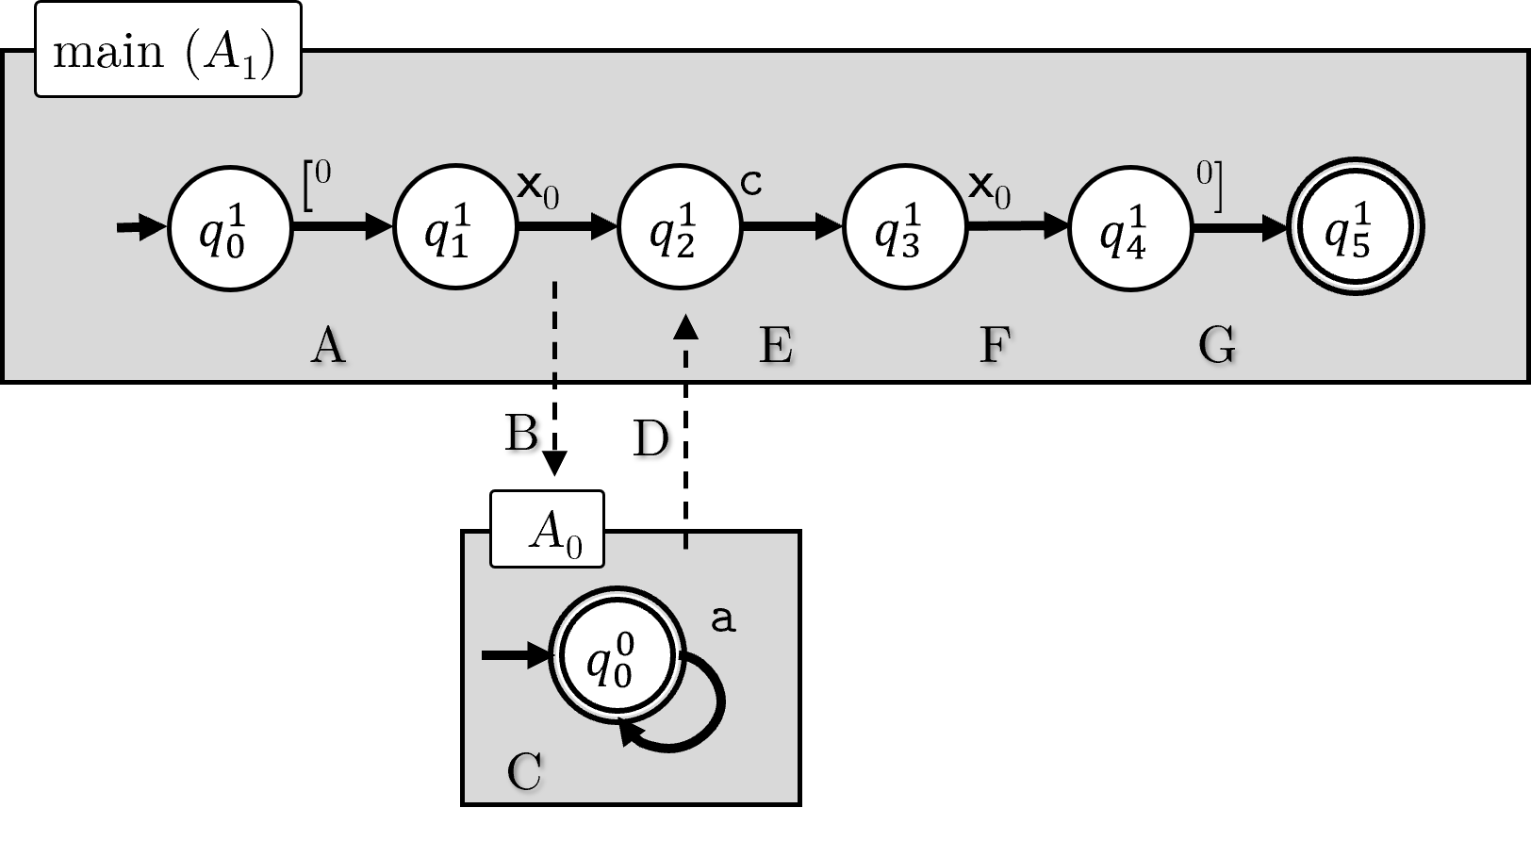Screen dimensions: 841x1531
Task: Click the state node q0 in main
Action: [229, 227]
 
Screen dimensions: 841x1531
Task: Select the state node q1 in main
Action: [454, 227]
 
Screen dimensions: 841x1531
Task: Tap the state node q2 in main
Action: [679, 227]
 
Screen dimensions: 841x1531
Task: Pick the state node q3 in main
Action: [904, 227]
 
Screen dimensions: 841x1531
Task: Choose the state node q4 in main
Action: [1129, 227]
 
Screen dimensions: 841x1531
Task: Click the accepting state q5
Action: [1355, 227]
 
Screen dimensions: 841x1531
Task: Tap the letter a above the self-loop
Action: [721, 619]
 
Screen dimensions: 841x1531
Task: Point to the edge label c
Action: [750, 184]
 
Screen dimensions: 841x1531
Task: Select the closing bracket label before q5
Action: [1210, 185]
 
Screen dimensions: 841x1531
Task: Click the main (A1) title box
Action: [168, 51]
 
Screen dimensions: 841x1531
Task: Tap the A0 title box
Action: [547, 530]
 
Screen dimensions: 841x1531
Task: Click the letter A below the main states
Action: [328, 346]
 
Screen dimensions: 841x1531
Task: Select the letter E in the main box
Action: [776, 346]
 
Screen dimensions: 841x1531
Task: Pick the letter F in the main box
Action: [996, 346]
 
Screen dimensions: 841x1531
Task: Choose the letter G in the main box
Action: [1216, 346]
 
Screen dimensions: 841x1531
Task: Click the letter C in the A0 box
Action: [524, 772]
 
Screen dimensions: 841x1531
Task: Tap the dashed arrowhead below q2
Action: [685, 327]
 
